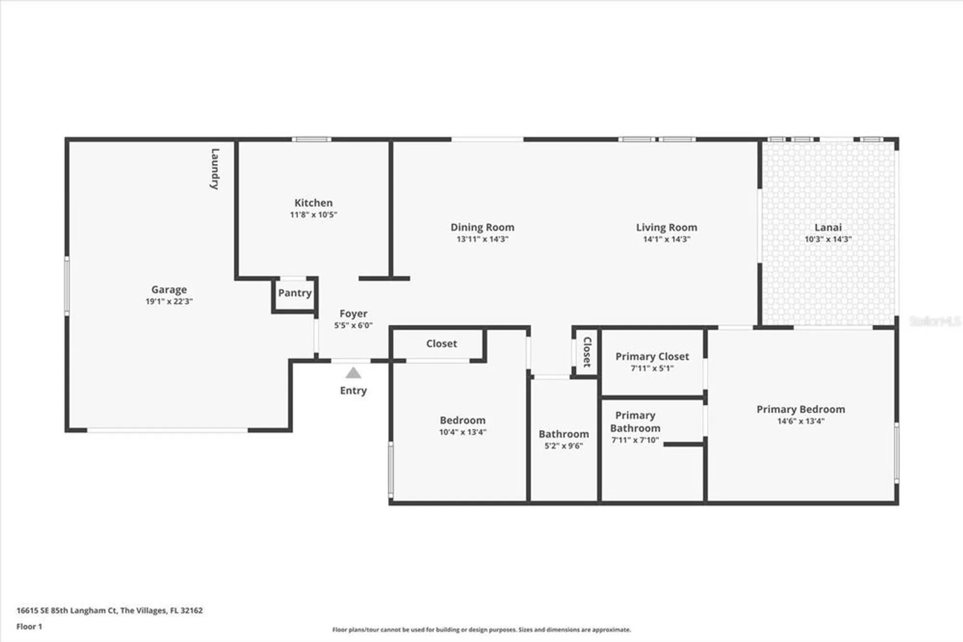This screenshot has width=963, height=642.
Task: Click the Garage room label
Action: point(169,289)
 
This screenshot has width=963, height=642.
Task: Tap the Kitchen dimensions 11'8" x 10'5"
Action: point(313,215)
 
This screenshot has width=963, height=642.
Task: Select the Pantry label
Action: point(295,293)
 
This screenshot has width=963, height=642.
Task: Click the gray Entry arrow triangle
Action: point(353,373)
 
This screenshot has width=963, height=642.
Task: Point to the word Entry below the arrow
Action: point(353,390)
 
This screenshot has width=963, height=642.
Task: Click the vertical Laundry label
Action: point(215,169)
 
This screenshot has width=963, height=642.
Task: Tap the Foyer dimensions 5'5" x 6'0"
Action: point(353,325)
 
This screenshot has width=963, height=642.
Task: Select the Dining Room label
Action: point(482,227)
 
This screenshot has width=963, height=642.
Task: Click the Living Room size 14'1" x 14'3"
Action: point(666,239)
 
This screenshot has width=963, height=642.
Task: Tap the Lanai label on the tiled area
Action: point(828,227)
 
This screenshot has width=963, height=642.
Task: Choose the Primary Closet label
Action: point(652,356)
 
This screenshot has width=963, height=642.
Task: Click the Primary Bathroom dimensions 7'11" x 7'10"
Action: point(635,440)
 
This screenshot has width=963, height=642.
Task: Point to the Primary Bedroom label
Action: point(800,409)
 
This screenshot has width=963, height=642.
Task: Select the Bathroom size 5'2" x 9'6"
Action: point(563,446)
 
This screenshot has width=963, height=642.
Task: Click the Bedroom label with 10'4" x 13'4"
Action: point(462,420)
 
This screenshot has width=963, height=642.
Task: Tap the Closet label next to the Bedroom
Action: point(441,344)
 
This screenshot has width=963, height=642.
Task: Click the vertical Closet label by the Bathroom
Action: point(587,352)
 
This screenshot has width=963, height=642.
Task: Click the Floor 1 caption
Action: point(29,627)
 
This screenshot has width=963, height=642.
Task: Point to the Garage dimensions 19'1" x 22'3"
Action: point(169,302)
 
